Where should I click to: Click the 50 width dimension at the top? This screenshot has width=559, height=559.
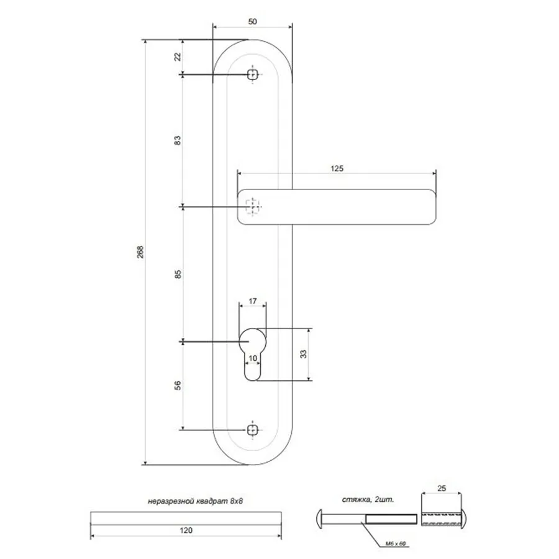(252, 21)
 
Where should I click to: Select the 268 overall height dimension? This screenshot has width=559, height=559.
(140, 252)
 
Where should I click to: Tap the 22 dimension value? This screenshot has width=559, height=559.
(178, 57)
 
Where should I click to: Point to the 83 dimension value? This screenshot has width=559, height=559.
(178, 140)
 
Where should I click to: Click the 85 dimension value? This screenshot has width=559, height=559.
(178, 274)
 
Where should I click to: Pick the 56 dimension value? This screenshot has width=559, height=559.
(178, 385)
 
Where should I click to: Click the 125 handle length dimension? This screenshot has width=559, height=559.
(337, 168)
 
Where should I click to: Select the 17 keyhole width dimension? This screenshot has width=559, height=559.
(253, 301)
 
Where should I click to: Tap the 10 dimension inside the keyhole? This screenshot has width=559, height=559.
(253, 358)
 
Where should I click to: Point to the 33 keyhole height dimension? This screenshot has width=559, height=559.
(303, 354)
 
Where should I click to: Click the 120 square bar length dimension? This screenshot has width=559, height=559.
(186, 530)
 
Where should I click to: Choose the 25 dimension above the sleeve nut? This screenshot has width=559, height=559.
(442, 488)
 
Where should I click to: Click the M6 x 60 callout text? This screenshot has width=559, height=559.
(396, 543)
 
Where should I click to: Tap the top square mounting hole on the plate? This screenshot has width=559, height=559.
(253, 75)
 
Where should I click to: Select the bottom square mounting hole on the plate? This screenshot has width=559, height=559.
(253, 430)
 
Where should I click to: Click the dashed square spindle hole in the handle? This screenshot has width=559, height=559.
(252, 207)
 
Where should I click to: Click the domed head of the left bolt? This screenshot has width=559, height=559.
(319, 519)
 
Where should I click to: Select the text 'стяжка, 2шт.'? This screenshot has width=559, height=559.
(368, 499)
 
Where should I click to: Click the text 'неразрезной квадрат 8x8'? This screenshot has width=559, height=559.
(196, 501)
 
